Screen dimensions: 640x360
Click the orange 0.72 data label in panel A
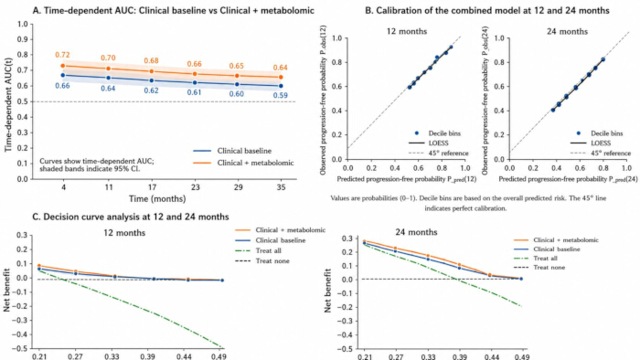[x=62, y=55]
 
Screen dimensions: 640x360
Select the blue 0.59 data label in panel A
[x=281, y=95]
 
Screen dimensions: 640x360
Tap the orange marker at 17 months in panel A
[x=152, y=71]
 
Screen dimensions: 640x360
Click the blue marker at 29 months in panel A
[x=238, y=84]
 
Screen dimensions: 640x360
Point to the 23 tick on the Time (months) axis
[x=196, y=187]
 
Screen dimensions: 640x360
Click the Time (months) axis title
[x=157, y=199]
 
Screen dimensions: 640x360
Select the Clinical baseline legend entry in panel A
[x=232, y=151]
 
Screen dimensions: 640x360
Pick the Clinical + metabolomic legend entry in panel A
[x=243, y=163]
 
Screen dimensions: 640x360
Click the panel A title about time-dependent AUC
[x=174, y=10]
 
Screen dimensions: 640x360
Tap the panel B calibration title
[x=487, y=10]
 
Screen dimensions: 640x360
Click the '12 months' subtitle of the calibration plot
[x=407, y=31]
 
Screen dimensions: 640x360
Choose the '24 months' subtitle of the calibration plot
[x=568, y=31]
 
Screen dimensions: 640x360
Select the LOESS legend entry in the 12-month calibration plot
[x=429, y=143]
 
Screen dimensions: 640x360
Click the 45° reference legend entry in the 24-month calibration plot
[x=601, y=154]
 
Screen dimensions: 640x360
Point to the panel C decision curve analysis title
[x=131, y=217]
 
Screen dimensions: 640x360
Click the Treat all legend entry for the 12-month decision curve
[x=259, y=250]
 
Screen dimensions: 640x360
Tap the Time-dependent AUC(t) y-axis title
[x=8, y=102]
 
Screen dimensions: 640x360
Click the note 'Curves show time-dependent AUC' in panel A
[x=97, y=161]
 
